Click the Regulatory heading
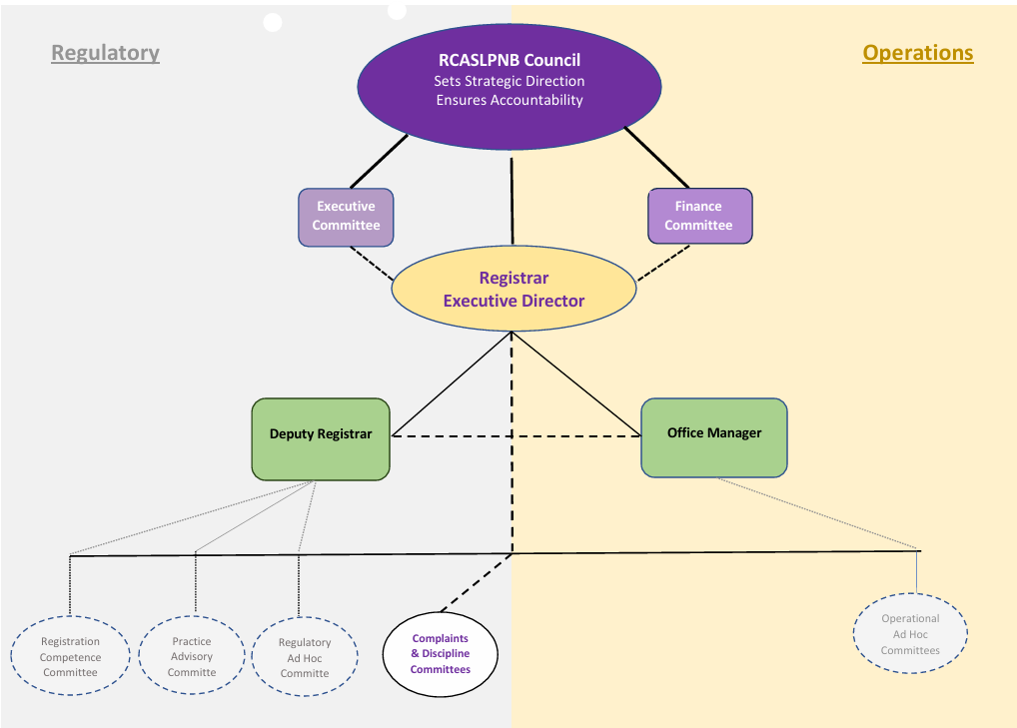coord(105,53)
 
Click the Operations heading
coord(917,53)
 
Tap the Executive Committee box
coord(346,217)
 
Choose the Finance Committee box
coord(698,217)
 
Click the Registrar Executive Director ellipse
coord(513,290)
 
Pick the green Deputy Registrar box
coord(320,439)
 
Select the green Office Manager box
coord(713,437)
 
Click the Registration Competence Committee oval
coord(70,657)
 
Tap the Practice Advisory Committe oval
coord(192,657)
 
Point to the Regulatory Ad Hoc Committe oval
coord(305,658)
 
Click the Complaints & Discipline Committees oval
coord(441,654)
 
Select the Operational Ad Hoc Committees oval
coord(910,634)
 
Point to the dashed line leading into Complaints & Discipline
coord(476,581)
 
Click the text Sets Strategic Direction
coord(509,81)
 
